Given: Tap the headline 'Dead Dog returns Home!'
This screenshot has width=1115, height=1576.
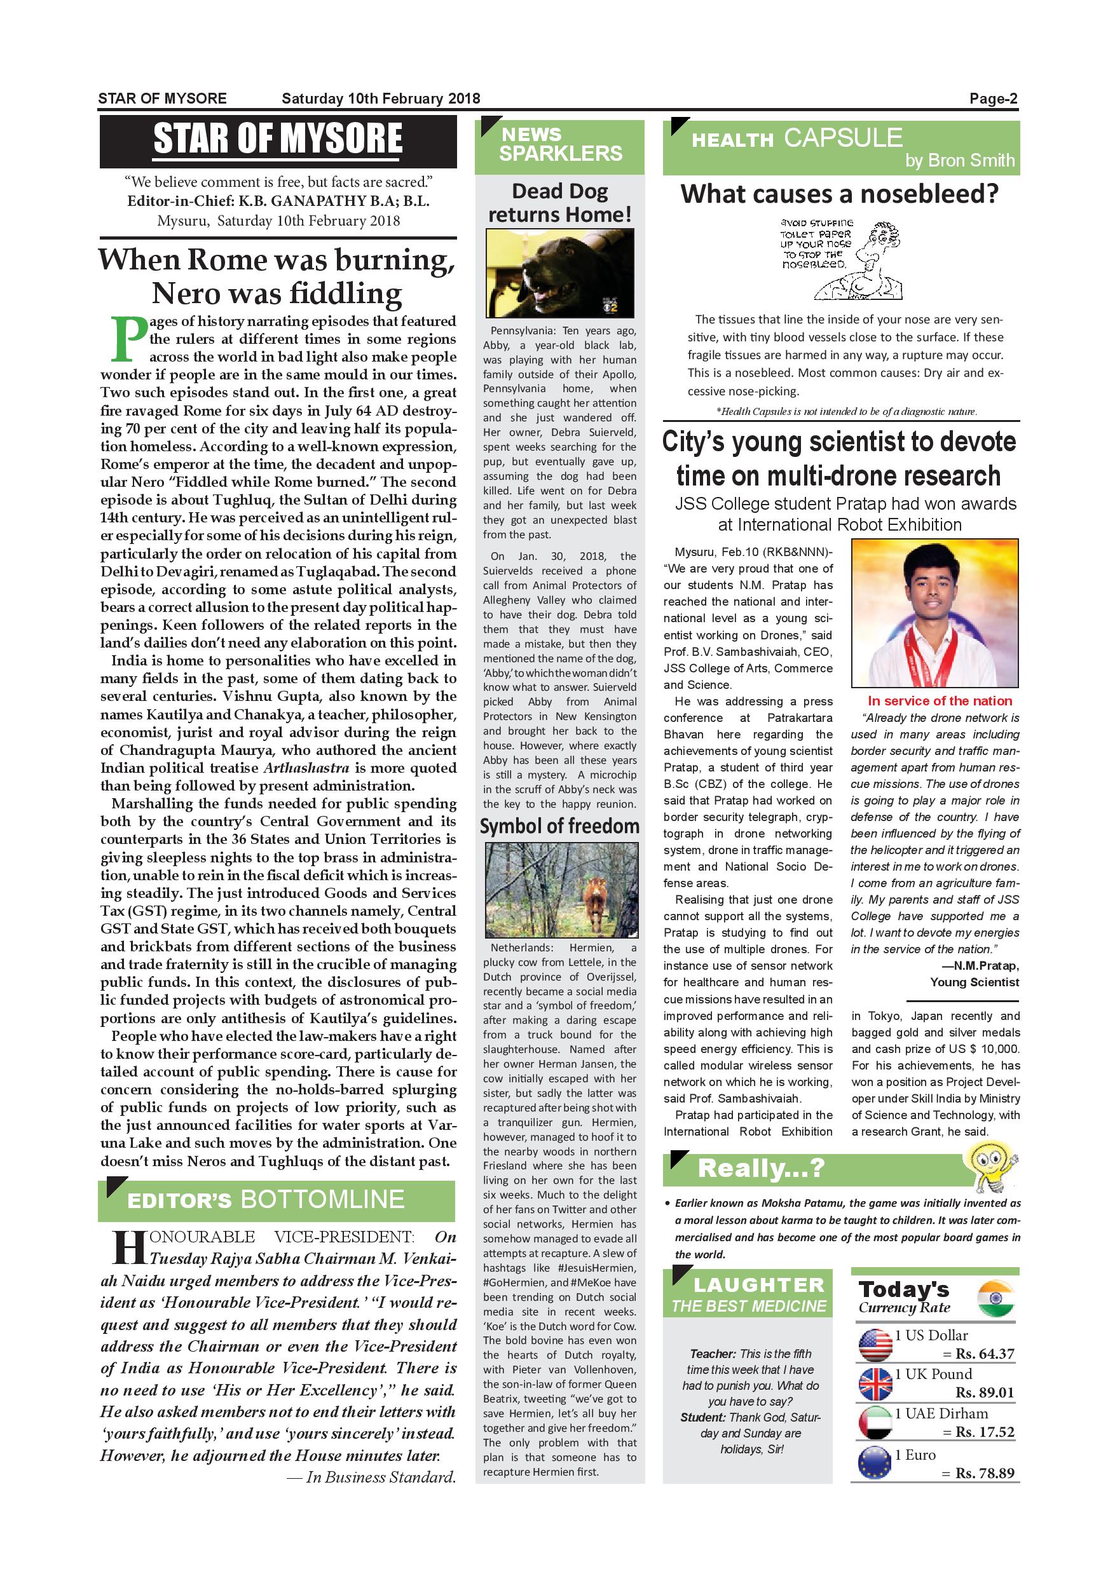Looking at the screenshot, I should click(559, 203).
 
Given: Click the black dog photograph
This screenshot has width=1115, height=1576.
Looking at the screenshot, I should click(559, 273).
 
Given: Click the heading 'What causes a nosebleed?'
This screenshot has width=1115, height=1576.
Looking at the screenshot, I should click(840, 194).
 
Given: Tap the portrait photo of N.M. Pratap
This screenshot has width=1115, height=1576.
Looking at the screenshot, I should click(934, 613).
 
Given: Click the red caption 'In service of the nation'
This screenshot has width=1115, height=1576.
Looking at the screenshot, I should click(940, 701).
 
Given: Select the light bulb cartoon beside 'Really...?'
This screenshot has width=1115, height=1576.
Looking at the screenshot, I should click(991, 1164).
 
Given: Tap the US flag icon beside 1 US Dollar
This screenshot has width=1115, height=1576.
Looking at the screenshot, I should click(875, 1345).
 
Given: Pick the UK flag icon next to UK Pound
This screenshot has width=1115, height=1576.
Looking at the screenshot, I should click(875, 1384).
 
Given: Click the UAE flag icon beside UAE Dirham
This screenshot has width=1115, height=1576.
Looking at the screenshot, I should click(875, 1423).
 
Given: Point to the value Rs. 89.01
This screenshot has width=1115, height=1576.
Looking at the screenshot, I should click(984, 1393).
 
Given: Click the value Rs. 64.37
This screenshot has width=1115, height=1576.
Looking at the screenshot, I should click(984, 1354).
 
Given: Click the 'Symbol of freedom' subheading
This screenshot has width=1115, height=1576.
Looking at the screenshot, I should click(559, 825).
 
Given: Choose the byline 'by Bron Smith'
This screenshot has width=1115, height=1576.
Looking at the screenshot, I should click(959, 161).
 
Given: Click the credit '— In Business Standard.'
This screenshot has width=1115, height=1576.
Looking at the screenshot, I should click(371, 1477).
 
